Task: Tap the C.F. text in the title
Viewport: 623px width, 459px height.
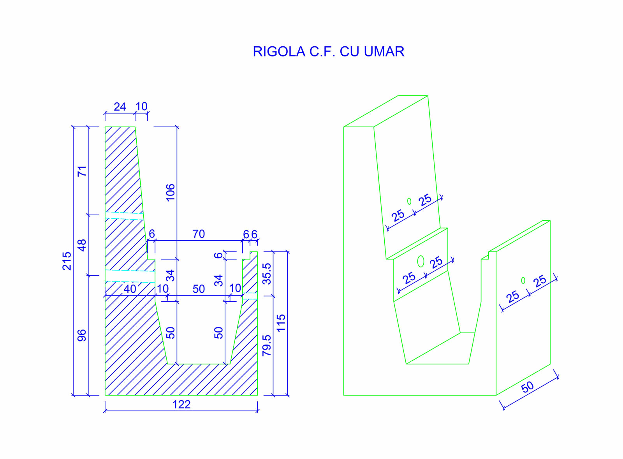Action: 322,52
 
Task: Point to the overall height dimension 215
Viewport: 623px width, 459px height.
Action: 67,261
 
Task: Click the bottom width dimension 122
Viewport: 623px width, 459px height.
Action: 181,404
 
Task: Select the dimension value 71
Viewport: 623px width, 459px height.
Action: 82,171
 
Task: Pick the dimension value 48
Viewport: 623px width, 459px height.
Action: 82,245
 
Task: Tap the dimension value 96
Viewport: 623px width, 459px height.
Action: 82,335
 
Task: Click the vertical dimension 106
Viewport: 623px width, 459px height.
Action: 171,192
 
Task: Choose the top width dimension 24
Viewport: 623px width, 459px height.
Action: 120,107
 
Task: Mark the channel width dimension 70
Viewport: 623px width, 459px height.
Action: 199,234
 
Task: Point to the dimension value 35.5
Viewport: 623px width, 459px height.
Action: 267,274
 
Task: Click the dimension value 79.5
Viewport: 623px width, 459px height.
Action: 267,345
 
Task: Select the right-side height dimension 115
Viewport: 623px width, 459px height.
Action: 281,323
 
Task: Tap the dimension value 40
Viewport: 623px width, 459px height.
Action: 130,289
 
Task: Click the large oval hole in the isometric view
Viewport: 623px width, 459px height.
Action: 421,261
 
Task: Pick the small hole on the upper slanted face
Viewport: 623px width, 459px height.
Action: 409,201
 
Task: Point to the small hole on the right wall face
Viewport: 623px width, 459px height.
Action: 523,280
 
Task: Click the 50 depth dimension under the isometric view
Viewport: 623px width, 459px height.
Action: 528,387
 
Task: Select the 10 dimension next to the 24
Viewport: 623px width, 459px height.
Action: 142,106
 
